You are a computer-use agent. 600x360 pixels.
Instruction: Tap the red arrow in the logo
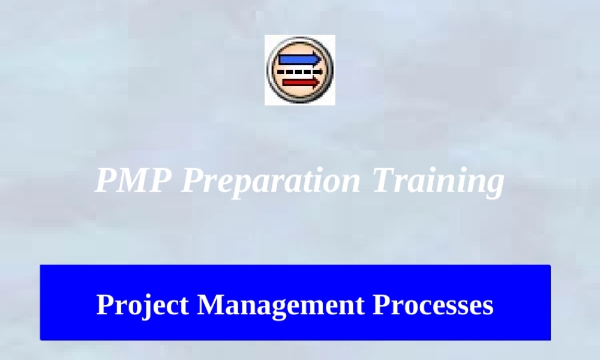tap(299, 82)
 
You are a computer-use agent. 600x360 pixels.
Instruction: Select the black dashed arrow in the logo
tap(299, 71)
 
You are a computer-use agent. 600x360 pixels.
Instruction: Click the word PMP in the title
tap(134, 180)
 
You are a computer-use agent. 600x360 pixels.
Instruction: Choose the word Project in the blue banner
tap(142, 305)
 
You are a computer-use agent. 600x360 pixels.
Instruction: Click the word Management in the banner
tap(281, 305)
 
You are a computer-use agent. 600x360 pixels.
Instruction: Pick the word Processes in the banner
tap(433, 304)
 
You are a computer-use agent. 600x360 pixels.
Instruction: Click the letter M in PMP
tap(134, 180)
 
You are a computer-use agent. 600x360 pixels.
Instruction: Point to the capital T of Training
tap(384, 180)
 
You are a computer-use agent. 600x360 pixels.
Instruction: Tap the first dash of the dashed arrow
tap(280, 71)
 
